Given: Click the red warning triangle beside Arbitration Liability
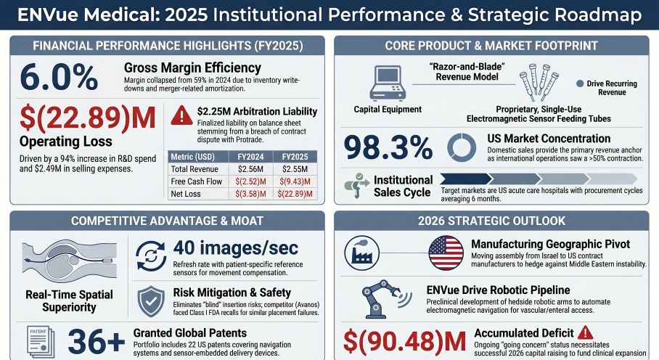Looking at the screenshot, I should point(181,115).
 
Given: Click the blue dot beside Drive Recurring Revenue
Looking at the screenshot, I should point(580,83).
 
